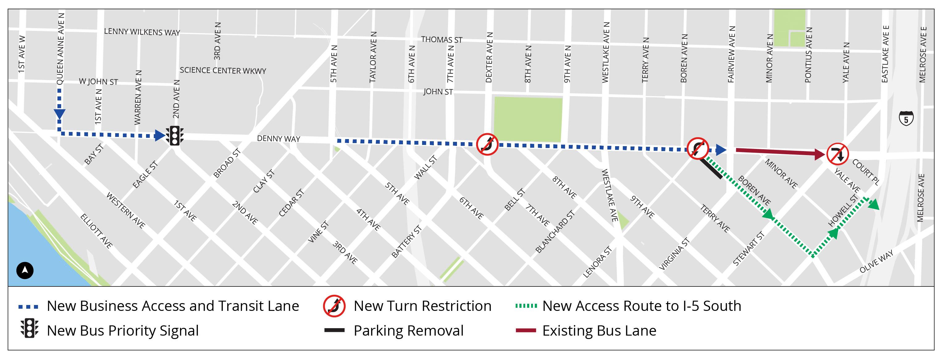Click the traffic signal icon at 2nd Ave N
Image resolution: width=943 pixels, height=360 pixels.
[x=175, y=136]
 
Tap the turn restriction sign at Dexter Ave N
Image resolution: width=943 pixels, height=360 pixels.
[x=487, y=144]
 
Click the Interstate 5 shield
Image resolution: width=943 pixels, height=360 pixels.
[x=906, y=118]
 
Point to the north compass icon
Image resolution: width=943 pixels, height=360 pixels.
[x=25, y=271]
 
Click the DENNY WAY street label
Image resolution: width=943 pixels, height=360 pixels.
[x=278, y=138]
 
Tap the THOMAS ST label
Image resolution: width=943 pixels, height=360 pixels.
[x=442, y=40]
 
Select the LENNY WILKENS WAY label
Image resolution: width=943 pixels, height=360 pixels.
[x=142, y=32]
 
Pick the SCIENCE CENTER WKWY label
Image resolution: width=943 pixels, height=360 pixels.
[x=223, y=70]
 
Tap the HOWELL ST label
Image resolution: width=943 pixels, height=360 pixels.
[x=843, y=210]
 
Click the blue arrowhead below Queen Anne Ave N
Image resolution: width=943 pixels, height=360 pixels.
[x=59, y=114]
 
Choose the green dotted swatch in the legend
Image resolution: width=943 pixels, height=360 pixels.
[x=526, y=306]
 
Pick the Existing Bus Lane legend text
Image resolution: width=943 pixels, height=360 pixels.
[x=599, y=330]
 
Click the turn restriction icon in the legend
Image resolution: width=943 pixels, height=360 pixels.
[x=334, y=306]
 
